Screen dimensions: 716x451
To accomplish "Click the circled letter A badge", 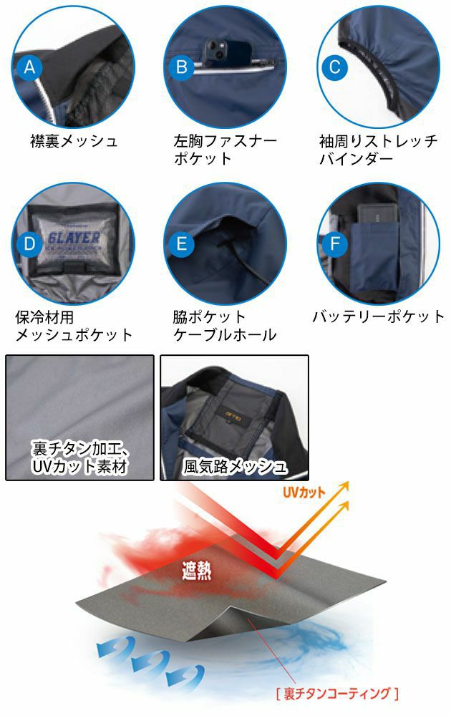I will click(x=29, y=68).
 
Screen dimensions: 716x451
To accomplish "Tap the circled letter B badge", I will click(x=182, y=68).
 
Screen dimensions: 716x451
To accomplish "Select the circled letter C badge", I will click(x=334, y=68).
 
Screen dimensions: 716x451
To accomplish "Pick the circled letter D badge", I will click(x=29, y=243).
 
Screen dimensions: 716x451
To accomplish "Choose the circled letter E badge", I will click(x=182, y=243).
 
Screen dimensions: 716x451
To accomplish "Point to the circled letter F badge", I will click(x=334, y=243).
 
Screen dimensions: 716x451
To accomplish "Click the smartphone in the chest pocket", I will click(x=216, y=52).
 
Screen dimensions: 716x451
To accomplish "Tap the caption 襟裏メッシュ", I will click(x=74, y=141).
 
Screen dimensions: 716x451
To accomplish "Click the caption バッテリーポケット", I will click(x=379, y=316).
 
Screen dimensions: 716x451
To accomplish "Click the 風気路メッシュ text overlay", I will click(x=235, y=468).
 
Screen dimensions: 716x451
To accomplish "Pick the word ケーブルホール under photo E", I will click(x=225, y=335).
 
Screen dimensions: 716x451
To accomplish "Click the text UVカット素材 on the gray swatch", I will click(x=79, y=468).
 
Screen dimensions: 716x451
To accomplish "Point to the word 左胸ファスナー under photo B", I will click(x=225, y=141).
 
